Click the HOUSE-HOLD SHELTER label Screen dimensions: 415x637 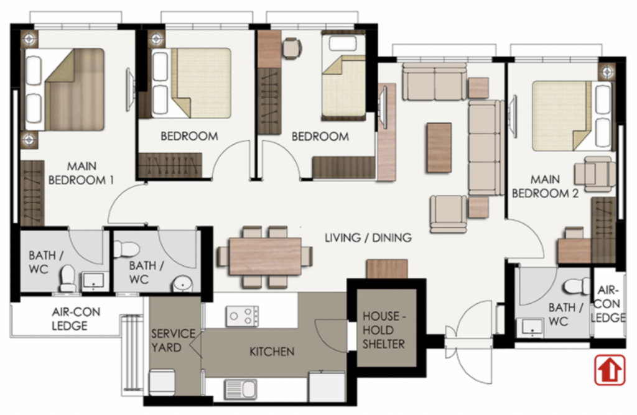click(x=384, y=330)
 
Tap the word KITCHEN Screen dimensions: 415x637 click(x=272, y=352)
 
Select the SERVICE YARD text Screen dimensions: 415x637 click(x=174, y=340)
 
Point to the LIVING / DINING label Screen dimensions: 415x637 click(x=368, y=237)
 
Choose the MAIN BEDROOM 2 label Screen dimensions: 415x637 click(x=545, y=187)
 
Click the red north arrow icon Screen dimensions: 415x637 click(x=609, y=370)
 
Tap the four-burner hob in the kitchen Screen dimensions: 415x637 click(x=243, y=316)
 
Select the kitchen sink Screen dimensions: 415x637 click(x=241, y=390)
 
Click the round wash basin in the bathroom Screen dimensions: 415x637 click(x=182, y=284)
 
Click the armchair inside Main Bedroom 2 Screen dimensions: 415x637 click(x=594, y=174)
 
